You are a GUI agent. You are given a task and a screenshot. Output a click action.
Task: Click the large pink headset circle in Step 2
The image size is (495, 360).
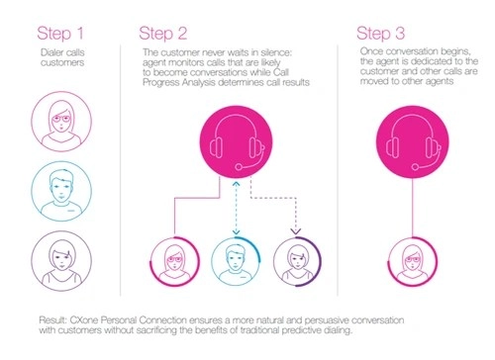pos(235,145)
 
